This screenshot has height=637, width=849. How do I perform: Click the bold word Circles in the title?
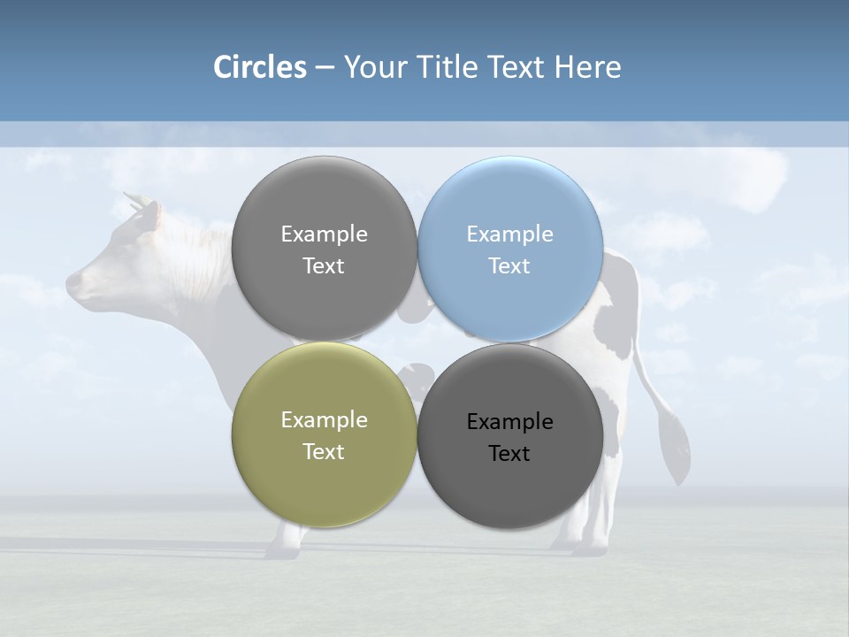point(260,67)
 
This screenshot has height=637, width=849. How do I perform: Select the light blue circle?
point(509,249)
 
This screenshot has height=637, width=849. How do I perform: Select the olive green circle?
point(324,435)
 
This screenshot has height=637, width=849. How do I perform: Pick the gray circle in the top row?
point(324,249)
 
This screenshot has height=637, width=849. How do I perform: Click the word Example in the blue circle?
point(509,234)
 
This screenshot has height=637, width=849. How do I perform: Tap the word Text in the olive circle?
point(324,452)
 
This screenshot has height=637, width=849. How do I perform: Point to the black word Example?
point(509,422)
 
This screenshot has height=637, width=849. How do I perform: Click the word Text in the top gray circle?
point(324,266)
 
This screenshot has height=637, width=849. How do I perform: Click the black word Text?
point(509,454)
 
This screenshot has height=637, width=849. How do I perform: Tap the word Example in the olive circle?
point(324,420)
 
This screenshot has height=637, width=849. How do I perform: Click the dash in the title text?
point(325,67)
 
